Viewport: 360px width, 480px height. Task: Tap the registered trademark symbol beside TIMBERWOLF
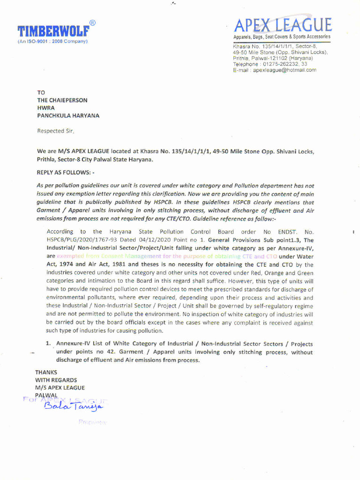pos(93,23)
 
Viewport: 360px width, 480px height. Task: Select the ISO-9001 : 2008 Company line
pos(52,41)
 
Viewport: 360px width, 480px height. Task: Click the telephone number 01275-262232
pos(280,64)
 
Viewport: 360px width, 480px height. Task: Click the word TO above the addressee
pos(41,93)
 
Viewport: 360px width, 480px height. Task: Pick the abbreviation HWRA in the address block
pos(46,108)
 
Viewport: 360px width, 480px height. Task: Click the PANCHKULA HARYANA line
pos(68,115)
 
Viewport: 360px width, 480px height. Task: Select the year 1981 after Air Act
pos(117,264)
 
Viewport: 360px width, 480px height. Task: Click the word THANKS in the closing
pos(46,372)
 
